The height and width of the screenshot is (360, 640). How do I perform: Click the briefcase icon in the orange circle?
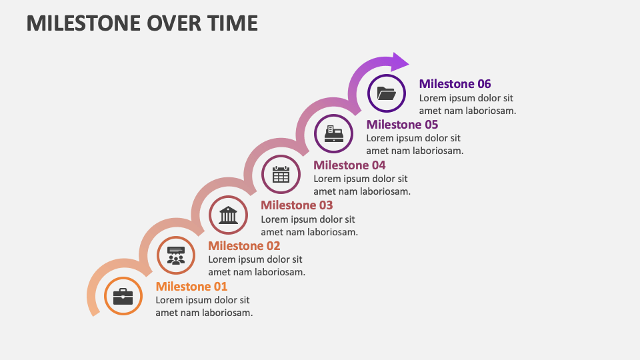(x=123, y=296)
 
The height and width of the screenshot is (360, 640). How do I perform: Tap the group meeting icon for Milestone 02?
(x=176, y=255)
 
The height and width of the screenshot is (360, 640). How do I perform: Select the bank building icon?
(x=229, y=215)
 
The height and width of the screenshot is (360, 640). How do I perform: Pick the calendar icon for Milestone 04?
(x=281, y=174)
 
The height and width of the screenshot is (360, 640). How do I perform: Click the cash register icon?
(x=334, y=133)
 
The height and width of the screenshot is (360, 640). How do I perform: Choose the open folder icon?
(x=387, y=93)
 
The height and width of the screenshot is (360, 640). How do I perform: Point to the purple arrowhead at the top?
(x=400, y=62)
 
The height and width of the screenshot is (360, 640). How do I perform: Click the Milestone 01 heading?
(x=191, y=286)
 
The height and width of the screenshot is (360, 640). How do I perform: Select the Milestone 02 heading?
(x=244, y=245)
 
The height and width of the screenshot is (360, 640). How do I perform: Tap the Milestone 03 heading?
(x=297, y=205)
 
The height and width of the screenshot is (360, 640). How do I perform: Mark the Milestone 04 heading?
(x=349, y=165)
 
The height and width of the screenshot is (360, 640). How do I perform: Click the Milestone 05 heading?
(x=402, y=124)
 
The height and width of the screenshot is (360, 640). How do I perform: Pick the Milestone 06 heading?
(x=455, y=83)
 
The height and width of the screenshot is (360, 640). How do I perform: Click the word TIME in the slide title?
(x=233, y=23)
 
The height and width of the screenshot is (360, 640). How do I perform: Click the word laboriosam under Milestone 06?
(x=489, y=111)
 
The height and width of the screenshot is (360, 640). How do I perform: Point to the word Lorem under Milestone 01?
(x=169, y=300)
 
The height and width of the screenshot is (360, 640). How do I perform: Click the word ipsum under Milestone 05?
(x=413, y=138)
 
